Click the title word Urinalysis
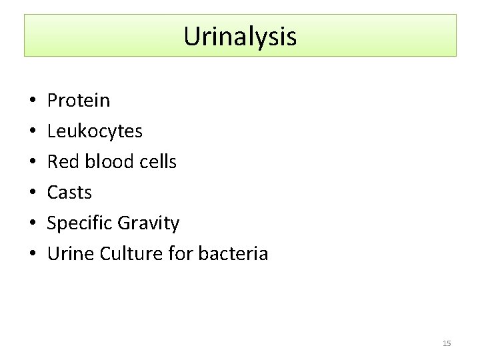[x=240, y=36]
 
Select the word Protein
[x=79, y=101]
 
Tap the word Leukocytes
[x=95, y=131]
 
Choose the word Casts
[x=69, y=193]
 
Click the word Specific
[x=80, y=223]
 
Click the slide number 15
[x=447, y=343]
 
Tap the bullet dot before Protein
[x=32, y=101]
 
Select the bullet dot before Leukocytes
[x=32, y=132]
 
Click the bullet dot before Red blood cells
[x=32, y=163]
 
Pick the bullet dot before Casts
[x=32, y=193]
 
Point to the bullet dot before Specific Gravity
[x=32, y=224]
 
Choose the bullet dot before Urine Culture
[x=32, y=255]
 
